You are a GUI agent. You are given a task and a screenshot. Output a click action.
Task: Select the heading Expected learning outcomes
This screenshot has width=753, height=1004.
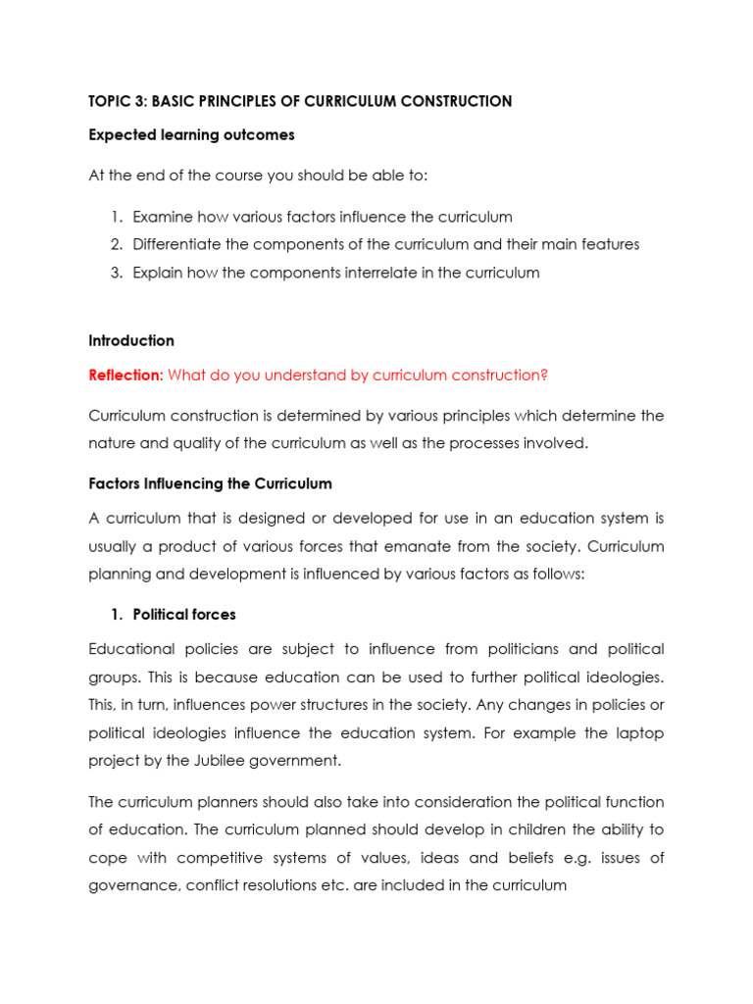click(191, 134)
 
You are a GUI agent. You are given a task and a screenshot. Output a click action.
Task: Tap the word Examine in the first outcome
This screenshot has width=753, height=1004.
click(165, 217)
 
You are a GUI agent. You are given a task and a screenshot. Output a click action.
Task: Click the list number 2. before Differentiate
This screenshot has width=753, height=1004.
click(116, 244)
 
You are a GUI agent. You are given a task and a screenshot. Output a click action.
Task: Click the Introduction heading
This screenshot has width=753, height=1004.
click(131, 340)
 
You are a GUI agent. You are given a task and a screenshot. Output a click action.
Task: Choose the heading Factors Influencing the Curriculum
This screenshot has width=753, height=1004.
click(210, 483)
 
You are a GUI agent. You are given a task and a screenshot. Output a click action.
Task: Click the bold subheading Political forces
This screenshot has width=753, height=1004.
click(184, 615)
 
